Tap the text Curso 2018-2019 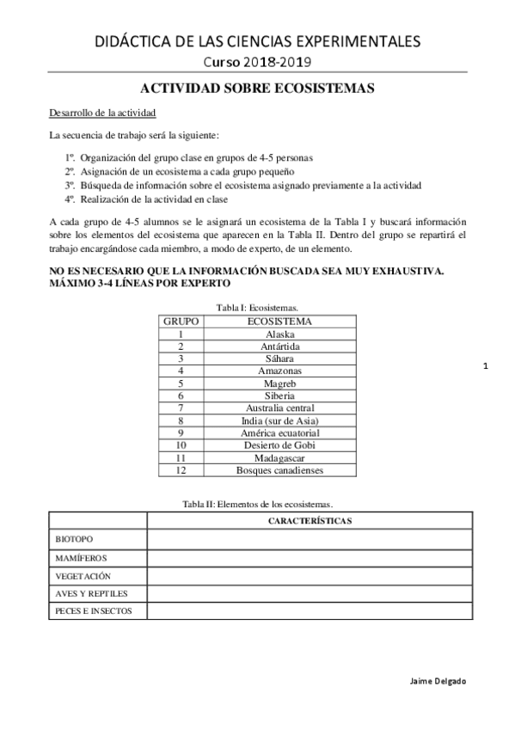coord(257,61)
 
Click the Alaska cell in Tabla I coord(279,334)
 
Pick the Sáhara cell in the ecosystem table coord(279,358)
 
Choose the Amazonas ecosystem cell coord(279,371)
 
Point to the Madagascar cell coord(279,457)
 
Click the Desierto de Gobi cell coord(279,445)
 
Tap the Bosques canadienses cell coord(279,470)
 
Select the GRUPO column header coord(181,322)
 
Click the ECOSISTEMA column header coord(279,322)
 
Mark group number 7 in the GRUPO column coord(181,408)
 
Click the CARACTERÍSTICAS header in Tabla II coord(310,520)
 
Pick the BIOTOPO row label coord(71,538)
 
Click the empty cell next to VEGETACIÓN coord(310,575)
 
